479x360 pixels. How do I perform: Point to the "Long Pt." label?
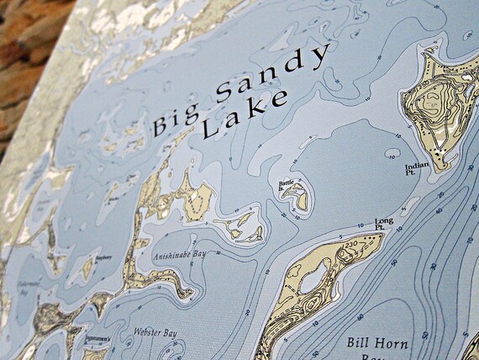click(384, 224)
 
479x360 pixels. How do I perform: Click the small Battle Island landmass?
click(296, 199)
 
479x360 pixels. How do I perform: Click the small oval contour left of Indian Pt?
click(392, 154)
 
